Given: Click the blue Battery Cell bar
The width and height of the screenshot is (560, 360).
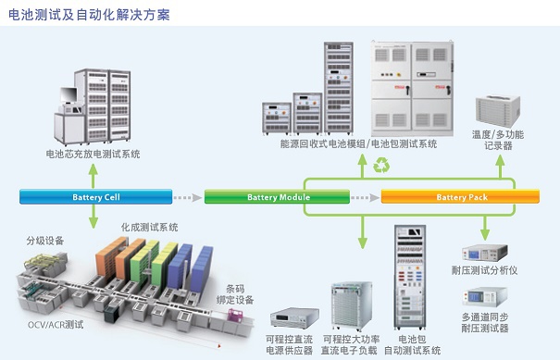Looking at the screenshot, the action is click(95, 197).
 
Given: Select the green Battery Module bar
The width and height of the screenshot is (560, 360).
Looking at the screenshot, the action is click(277, 197).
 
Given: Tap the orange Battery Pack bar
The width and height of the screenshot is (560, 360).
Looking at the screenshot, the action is click(460, 197).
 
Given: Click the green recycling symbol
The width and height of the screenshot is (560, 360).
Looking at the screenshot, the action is click(381, 166).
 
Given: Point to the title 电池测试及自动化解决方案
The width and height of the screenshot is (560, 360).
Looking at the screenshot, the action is click(89, 15).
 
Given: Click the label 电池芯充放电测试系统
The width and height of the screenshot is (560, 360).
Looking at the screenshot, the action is click(93, 154).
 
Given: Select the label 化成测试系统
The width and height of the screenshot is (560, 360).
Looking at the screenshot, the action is click(149, 227).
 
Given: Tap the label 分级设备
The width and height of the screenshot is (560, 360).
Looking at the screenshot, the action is click(45, 241).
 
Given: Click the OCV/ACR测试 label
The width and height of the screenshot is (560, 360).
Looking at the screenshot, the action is click(56, 325).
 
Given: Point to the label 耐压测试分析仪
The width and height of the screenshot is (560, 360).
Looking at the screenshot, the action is click(484, 270).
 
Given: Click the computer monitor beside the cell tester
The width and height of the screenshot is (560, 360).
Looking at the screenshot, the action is click(68, 95).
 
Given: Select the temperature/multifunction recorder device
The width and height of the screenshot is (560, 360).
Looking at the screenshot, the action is click(498, 110).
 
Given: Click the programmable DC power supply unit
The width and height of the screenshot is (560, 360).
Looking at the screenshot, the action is click(294, 318).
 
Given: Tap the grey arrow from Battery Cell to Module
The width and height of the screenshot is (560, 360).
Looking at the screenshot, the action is click(188, 197).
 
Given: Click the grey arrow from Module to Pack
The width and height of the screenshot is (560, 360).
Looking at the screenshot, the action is click(365, 197).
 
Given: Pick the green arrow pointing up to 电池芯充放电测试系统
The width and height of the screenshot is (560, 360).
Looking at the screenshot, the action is click(93, 176).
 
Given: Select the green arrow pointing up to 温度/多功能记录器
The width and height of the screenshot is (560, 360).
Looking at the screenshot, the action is click(501, 168).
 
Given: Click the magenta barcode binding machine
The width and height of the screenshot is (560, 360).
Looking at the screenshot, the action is click(235, 317).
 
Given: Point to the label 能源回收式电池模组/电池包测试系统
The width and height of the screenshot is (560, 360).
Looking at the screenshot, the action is click(358, 144).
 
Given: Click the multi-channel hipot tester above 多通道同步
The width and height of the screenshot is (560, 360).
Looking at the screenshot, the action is click(485, 297).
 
